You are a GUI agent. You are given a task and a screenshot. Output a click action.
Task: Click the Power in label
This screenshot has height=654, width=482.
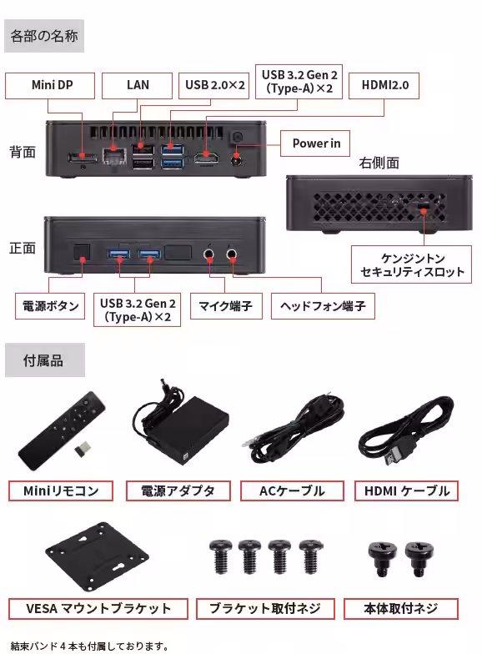(x=315, y=143)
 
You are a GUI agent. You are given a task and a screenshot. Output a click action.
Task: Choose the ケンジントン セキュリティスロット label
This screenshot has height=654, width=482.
(x=413, y=265)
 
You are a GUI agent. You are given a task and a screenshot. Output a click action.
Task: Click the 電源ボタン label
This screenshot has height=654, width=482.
(x=50, y=306)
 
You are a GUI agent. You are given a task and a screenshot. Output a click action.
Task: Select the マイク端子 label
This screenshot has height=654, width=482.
(x=225, y=306)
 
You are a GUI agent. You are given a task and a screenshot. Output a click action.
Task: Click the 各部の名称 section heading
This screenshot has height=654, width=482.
(x=44, y=38)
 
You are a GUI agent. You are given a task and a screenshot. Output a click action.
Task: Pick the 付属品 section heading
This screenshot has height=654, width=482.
(x=44, y=361)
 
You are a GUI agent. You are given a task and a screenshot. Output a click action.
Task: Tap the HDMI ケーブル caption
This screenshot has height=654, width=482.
(x=407, y=490)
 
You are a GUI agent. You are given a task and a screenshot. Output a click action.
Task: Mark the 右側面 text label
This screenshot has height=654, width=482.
(x=379, y=163)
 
